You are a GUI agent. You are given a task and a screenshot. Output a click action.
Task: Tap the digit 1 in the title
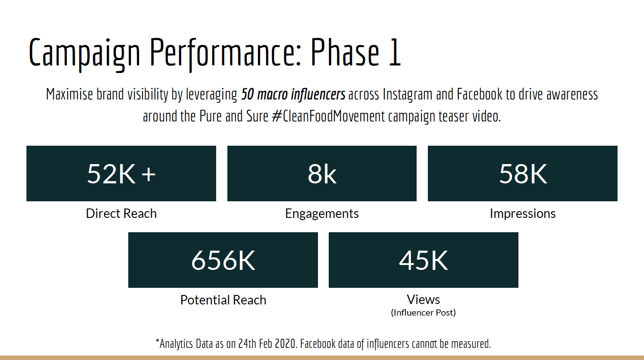[395, 52]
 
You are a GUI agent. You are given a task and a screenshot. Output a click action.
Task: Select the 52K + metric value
[122, 174]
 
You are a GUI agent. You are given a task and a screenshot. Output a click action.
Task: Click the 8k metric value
[322, 174]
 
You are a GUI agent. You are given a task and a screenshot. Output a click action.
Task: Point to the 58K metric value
[523, 174]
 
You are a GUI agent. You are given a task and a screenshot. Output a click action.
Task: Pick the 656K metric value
[223, 260]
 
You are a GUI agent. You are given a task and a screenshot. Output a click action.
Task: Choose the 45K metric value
[423, 260]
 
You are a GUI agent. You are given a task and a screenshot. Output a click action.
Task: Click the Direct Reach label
[122, 213]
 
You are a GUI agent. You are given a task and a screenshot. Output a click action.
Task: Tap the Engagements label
[322, 214]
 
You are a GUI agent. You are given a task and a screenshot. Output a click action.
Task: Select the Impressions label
[522, 214]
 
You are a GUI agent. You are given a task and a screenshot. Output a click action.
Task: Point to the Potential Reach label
[223, 300]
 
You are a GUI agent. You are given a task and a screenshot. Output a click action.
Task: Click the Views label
[423, 299]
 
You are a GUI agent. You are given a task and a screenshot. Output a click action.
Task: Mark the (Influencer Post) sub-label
[423, 312]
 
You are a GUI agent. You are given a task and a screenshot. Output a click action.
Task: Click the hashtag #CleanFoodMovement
[328, 116]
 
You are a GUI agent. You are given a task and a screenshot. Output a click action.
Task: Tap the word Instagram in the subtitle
[407, 95]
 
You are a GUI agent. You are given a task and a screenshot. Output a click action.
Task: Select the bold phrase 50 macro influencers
[293, 95]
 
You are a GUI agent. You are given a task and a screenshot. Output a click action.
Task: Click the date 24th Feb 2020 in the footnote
[267, 343]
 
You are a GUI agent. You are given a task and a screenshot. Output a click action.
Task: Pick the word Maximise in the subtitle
[70, 94]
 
